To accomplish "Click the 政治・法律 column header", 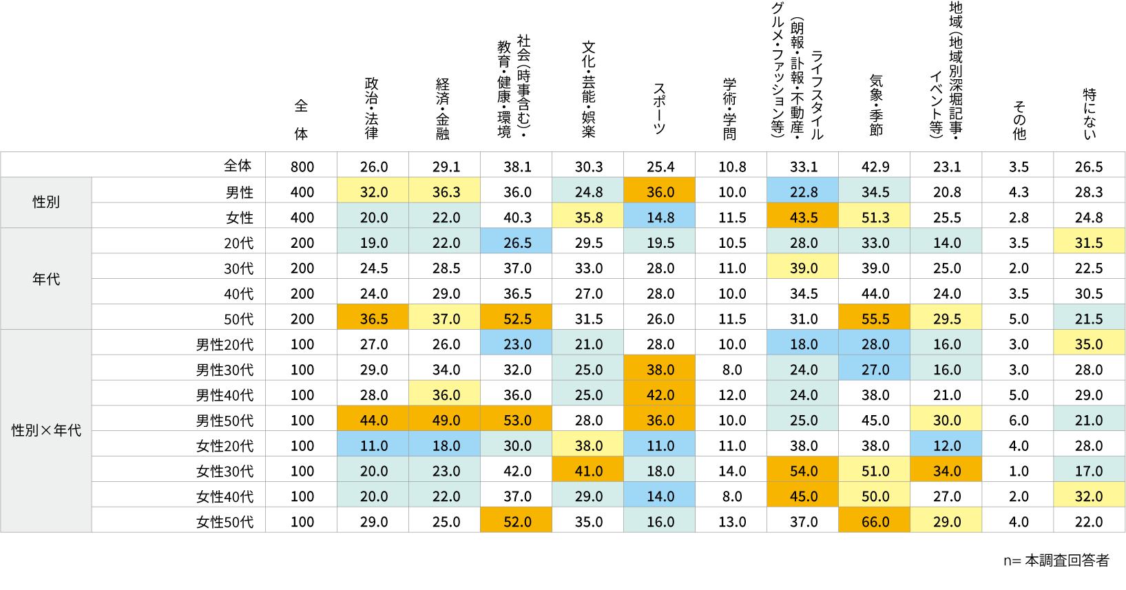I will [x=372, y=108].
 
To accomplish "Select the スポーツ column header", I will [x=659, y=108].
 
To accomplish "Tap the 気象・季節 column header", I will [x=875, y=105].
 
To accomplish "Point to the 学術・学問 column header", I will [x=730, y=108].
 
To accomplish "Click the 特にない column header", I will [x=1089, y=113].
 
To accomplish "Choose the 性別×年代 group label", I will [x=46, y=431].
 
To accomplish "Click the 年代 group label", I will [x=46, y=279].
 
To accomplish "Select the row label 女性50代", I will [x=225, y=522].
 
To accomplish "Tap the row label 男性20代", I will [x=225, y=344].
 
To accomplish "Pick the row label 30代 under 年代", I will [x=238, y=268].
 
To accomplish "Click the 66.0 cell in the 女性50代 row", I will [x=875, y=522].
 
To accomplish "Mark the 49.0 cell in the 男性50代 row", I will [x=446, y=421].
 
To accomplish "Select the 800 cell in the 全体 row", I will [x=302, y=167].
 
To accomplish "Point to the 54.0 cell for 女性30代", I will [x=804, y=472].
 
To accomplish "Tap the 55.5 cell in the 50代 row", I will [x=875, y=319].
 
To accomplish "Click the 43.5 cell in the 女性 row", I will [x=804, y=218].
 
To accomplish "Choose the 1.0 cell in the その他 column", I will [x=1019, y=472].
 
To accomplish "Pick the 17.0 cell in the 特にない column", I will [x=1089, y=472].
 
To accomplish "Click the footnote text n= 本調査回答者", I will [x=1056, y=560].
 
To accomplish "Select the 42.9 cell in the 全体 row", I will [x=875, y=167].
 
